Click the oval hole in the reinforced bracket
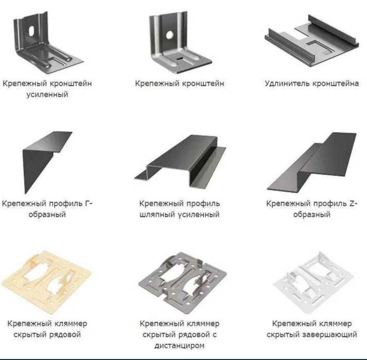[x=31, y=31]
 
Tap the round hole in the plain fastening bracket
[x=169, y=35]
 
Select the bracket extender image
[x=311, y=42]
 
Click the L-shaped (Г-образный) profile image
[x=47, y=162]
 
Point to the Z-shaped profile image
[x=311, y=161]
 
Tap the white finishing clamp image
[x=313, y=282]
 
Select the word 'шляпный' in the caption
[x=156, y=215]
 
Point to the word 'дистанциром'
[x=180, y=346]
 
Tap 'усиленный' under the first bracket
[x=47, y=95]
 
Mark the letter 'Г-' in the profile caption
[x=89, y=203]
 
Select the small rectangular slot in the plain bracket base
[x=180, y=59]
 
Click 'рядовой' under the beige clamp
[x=65, y=334]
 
